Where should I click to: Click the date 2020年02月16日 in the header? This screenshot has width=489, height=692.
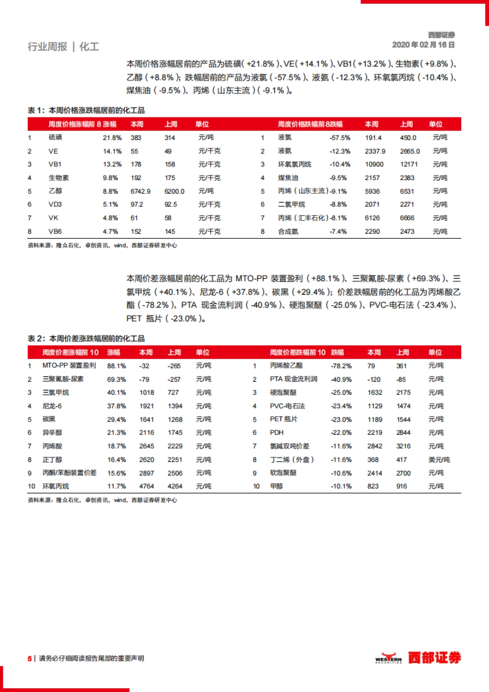coord(423,45)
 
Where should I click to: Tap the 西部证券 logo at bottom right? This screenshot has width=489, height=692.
coord(418,658)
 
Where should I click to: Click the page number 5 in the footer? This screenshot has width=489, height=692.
coord(29,659)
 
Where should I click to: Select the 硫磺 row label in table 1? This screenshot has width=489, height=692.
coord(55,138)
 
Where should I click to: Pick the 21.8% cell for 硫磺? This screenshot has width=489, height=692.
coord(112,138)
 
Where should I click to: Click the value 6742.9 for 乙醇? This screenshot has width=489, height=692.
coord(140,191)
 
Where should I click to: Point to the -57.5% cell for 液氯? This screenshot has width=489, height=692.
coord(340,138)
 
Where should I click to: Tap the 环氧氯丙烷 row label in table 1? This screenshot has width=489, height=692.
coord(295,164)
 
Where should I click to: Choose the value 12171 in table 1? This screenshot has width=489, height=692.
coord(409,164)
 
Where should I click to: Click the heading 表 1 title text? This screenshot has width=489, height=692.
coord(86,110)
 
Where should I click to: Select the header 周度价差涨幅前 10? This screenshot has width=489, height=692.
coord(70,353)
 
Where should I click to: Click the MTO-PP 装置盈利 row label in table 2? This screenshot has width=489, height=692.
coord(69,366)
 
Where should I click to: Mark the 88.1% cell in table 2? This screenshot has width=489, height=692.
coord(117,366)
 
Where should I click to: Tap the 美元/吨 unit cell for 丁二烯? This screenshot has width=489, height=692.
coord(439,460)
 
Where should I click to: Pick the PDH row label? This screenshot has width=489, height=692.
coord(277,432)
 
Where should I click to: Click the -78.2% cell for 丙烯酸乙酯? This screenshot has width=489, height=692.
coord(341,366)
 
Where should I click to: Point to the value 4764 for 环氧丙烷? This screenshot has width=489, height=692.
coord(147,486)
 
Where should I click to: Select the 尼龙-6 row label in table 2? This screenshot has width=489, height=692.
coord(52,406)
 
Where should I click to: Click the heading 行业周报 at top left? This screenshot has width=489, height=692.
coord(47,47)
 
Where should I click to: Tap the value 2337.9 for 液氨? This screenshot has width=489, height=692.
coord(375,151)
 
